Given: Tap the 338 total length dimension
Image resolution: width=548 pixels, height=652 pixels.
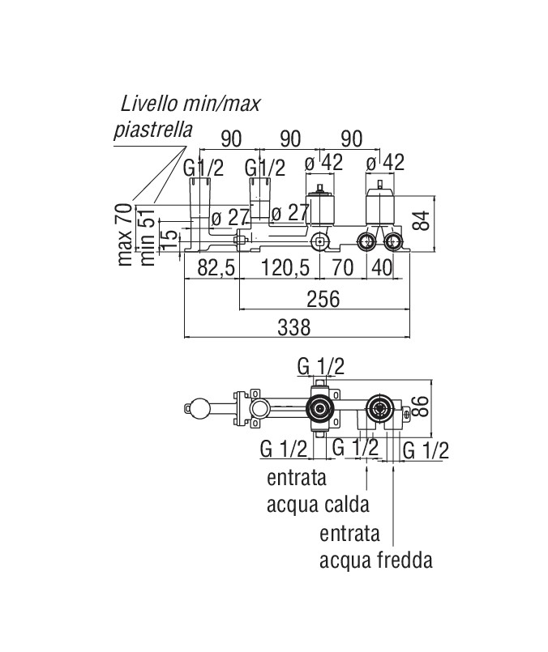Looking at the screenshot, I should click(x=294, y=326).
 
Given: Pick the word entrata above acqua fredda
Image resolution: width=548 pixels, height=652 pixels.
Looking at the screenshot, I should click(x=349, y=533).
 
